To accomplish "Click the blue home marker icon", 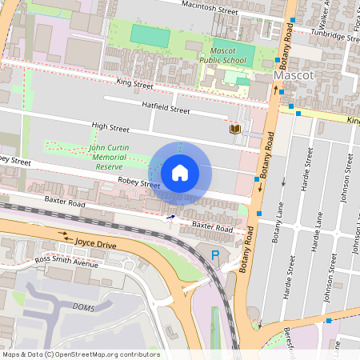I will pos(180,172).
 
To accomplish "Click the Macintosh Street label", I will pos(210,7).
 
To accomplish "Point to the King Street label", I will pos(134,82).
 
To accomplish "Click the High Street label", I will pos(110,126).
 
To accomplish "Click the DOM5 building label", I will pos(82,308).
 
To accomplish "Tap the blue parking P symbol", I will pos(214,255).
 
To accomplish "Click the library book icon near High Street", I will pos(235,129).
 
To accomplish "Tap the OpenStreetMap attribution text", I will pos(80,354).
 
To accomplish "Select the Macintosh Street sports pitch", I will pos(150,35).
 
